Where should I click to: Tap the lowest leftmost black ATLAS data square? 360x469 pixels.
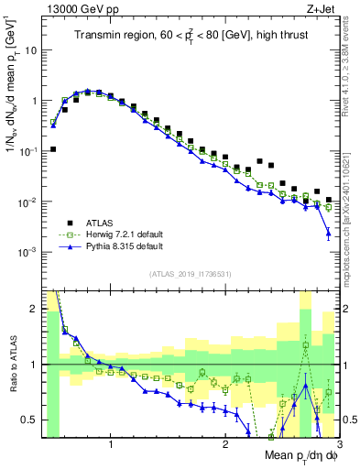(x=53, y=148)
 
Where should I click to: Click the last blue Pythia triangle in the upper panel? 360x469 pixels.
(x=328, y=234)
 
